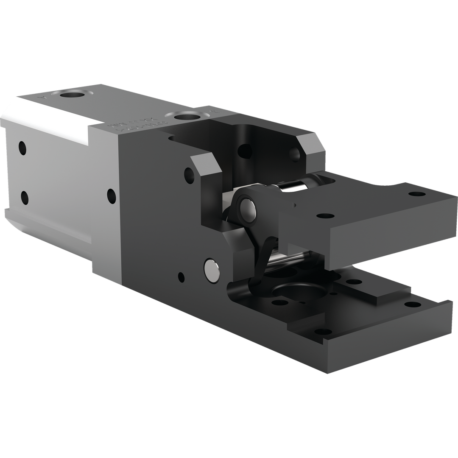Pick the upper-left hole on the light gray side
(x=22, y=148)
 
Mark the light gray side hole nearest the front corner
(x=111, y=195)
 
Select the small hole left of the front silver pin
(x=181, y=277)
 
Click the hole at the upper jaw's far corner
(x=417, y=194)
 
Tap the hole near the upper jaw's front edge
(x=325, y=215)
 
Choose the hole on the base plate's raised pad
(x=354, y=281)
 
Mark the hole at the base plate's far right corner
(x=412, y=304)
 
